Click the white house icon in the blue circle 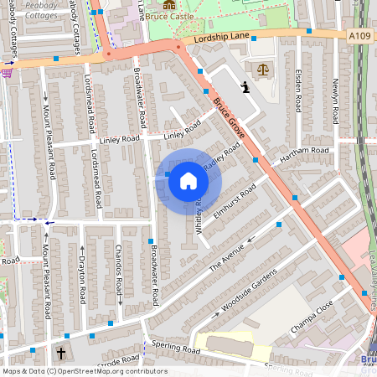coord(188,180)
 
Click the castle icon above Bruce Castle coord(170,5)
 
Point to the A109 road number coord(359,35)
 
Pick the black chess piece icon coord(245,86)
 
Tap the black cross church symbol coord(62,353)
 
